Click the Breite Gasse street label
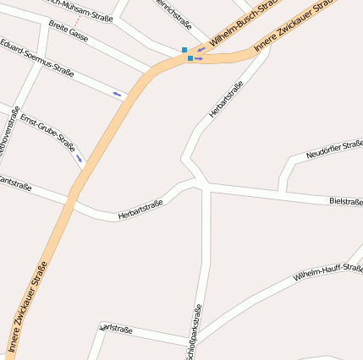pyautogui.click(x=69, y=33)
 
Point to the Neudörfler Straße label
pyautogui.click(x=335, y=149)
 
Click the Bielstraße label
pyautogui.click(x=345, y=201)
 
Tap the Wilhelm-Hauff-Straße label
pyautogui.click(x=327, y=272)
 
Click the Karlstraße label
pyautogui.click(x=116, y=329)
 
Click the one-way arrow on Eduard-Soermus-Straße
pyautogui.click(x=117, y=93)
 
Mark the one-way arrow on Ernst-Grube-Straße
pyautogui.click(x=80, y=157)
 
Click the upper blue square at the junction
pyautogui.click(x=184, y=50)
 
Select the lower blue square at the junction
pyautogui.click(x=190, y=58)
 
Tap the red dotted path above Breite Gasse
pyautogui.click(x=78, y=19)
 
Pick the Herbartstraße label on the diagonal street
pyautogui.click(x=226, y=99)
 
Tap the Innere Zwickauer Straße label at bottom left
pyautogui.click(x=26, y=308)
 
